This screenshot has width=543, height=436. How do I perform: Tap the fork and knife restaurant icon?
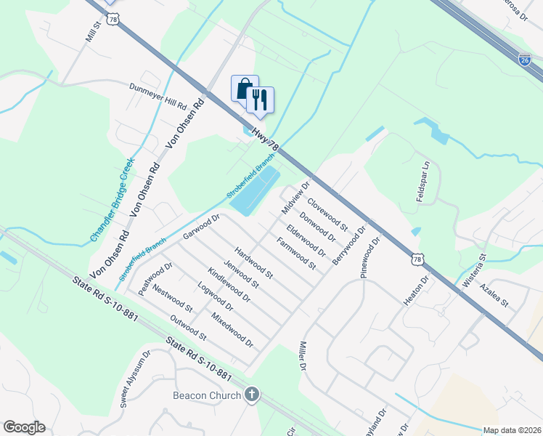pos(260,99)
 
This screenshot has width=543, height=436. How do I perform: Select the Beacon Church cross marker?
pos(251,395)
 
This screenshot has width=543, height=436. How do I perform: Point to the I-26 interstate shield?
pos(525,58)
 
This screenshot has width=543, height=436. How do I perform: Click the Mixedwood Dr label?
pos(232,329)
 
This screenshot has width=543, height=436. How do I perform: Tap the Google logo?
pos(23,427)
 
